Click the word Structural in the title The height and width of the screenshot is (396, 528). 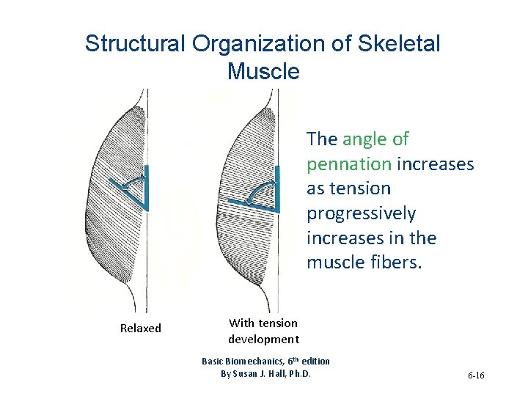click(135, 44)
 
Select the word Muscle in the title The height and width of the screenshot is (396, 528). click(263, 71)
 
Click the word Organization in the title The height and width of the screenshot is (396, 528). click(261, 44)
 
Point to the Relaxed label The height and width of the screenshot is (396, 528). click(140, 329)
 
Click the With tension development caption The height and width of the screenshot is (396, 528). click(263, 331)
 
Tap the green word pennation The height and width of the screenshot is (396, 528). click(349, 164)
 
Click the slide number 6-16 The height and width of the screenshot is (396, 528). click(475, 375)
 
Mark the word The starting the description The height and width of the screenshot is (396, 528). click(322, 139)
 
